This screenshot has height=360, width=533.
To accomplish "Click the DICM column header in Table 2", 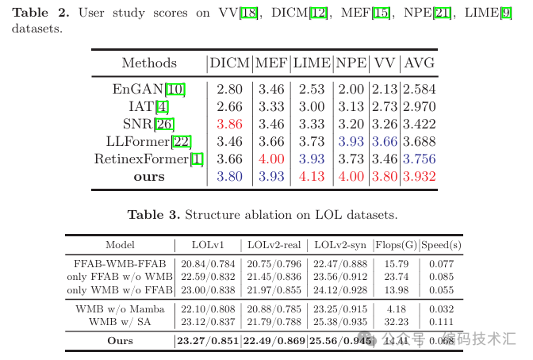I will [229, 63].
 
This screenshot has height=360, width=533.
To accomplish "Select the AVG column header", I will [419, 63].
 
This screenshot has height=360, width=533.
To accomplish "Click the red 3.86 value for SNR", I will [229, 124].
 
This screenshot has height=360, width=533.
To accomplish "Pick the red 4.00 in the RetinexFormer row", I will [271, 159].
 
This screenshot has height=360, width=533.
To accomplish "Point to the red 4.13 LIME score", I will [311, 176].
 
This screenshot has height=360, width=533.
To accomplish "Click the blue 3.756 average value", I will [419, 159].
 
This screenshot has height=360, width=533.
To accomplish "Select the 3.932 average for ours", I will [419, 176].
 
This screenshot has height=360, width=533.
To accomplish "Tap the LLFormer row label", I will [148, 141].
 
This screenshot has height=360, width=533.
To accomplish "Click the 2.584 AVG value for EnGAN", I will [419, 90].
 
